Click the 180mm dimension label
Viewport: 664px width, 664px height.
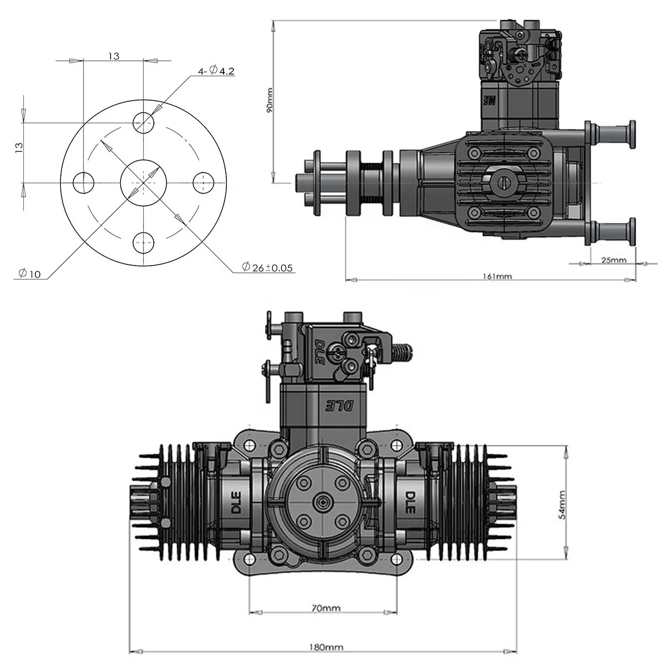point(326,647)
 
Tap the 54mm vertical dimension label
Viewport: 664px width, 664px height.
point(562,503)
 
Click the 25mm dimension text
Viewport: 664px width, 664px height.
point(614,260)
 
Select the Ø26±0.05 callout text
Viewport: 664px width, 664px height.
point(267,268)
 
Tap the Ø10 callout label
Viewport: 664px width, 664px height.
point(29,273)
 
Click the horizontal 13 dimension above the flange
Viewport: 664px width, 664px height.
point(113,56)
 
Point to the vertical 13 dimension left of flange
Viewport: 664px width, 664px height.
point(19,147)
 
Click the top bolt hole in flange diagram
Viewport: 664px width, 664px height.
point(144,121)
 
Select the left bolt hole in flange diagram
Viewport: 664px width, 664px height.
point(84,182)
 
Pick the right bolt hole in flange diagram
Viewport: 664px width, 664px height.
point(204,182)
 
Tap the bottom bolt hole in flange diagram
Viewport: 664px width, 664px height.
point(144,242)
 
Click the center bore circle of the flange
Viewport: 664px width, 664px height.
point(144,182)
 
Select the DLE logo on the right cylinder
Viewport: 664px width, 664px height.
point(411,502)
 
